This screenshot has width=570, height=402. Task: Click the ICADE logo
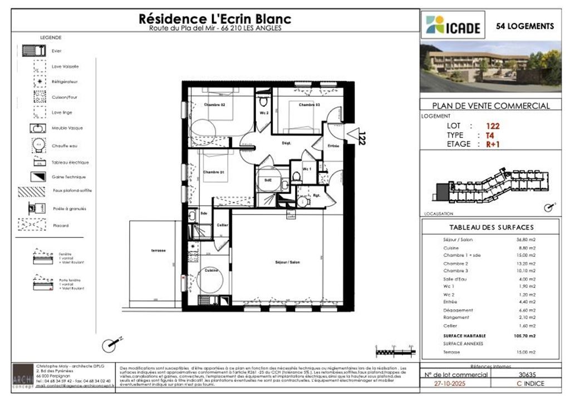point(453,26)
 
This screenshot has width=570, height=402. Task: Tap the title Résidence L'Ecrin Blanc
point(214,19)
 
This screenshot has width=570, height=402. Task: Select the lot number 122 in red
point(493,126)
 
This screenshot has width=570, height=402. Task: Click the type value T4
point(490,135)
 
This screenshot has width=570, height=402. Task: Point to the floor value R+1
point(493,144)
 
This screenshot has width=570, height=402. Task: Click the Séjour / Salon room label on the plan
point(287,261)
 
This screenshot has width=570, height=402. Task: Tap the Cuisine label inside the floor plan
point(211,270)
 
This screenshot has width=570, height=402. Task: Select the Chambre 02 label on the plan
point(214,105)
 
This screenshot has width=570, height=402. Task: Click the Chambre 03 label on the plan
point(309,105)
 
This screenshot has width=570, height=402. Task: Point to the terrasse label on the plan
point(158,250)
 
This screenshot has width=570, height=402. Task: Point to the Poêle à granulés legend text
point(69,209)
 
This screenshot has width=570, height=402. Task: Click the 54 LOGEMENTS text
point(525,26)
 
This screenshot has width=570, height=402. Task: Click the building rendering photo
point(490,67)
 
